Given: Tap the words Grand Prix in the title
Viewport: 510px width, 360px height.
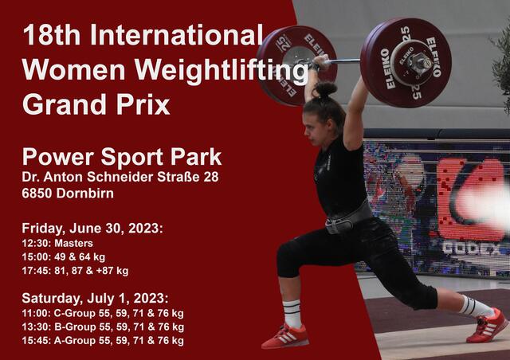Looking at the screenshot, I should click(x=96, y=104).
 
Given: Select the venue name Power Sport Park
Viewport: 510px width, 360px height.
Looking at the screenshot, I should click(x=122, y=156).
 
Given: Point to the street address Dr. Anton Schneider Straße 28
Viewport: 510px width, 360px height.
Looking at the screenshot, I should click(x=120, y=177).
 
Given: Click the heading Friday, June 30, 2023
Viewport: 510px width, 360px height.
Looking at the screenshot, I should click(x=92, y=228).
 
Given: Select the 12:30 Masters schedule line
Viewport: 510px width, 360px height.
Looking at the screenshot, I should click(x=57, y=243).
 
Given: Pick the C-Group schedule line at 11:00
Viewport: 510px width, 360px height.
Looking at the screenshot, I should click(x=103, y=313).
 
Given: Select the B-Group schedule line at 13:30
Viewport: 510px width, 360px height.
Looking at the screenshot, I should click(x=103, y=327).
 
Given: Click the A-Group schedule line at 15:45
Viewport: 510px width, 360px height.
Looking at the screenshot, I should click(x=103, y=340).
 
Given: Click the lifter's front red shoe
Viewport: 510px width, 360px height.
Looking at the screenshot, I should click(x=284, y=336).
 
